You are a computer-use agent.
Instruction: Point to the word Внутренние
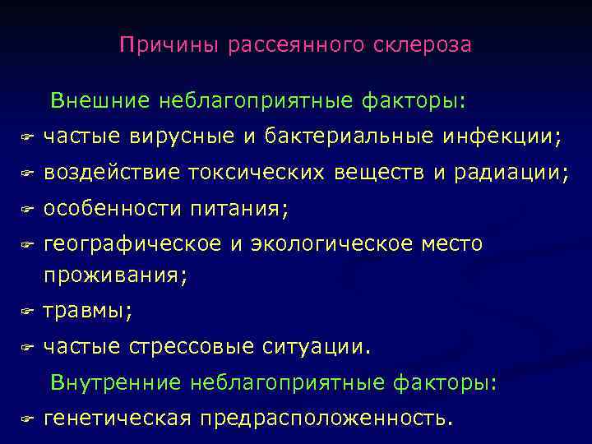click(116, 382)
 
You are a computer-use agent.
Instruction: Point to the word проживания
click(114, 275)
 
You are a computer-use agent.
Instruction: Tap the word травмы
click(86, 312)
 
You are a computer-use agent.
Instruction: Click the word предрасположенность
click(321, 419)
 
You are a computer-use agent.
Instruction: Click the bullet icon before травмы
click(26, 312)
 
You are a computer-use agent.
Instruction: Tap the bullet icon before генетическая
click(26, 419)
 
